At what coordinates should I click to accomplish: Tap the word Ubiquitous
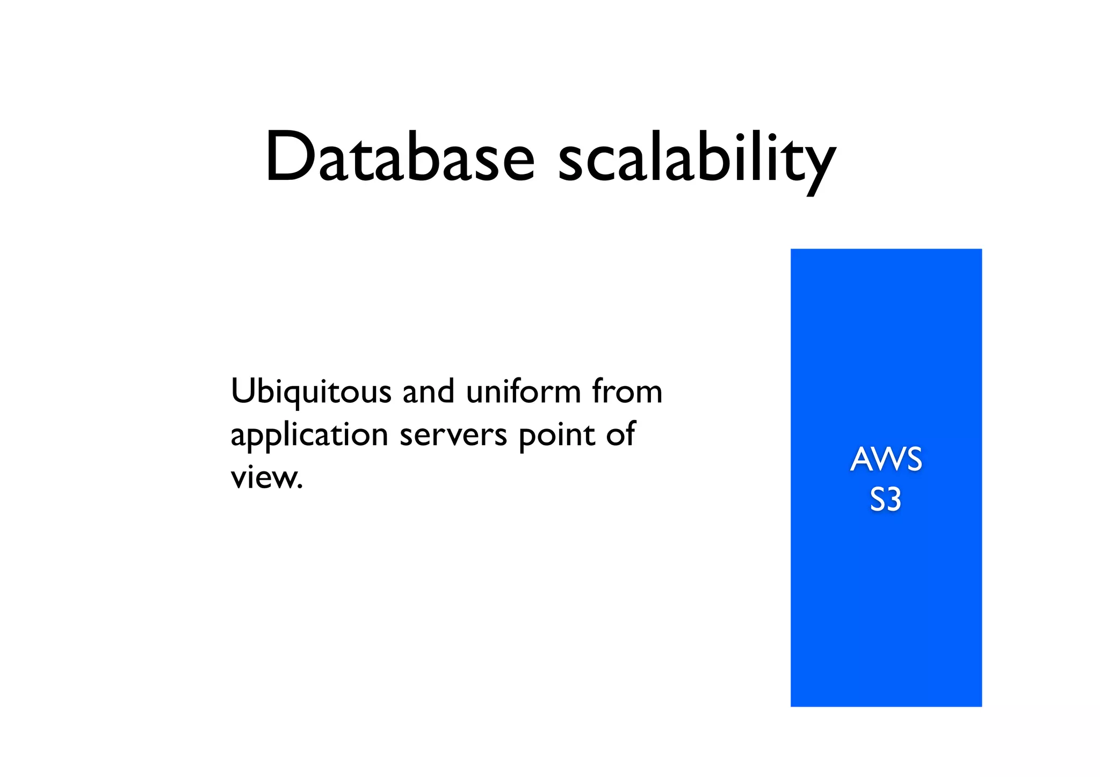(x=311, y=393)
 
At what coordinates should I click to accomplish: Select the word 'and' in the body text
(x=428, y=391)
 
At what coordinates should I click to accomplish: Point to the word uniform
(x=524, y=391)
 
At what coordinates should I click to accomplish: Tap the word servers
(x=453, y=435)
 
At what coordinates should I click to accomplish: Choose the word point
(x=556, y=435)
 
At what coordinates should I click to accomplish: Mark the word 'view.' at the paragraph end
(x=267, y=477)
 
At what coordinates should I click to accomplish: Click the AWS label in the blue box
(x=886, y=460)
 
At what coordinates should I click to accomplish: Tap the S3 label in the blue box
(x=885, y=500)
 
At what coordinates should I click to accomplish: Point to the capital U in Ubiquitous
(x=243, y=391)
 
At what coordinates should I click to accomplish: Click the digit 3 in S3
(x=893, y=500)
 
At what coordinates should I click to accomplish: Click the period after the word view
(x=300, y=486)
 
